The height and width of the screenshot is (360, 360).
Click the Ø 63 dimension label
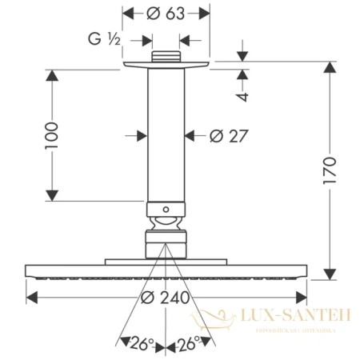point(166,14)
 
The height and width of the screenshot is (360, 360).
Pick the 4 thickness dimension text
point(244,96)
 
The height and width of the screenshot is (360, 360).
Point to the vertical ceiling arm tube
point(165,136)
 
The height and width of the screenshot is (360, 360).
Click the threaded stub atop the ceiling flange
point(165,57)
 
